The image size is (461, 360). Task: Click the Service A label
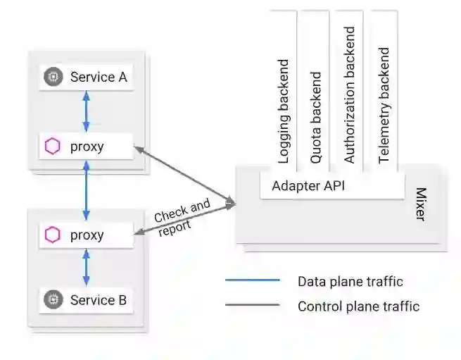pyautogui.click(x=99, y=77)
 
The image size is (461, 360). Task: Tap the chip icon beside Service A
pyautogui.click(x=52, y=77)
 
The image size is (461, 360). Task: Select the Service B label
pyautogui.click(x=99, y=301)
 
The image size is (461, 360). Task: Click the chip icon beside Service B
pyautogui.click(x=52, y=301)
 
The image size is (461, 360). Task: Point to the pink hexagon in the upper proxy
pyautogui.click(x=52, y=147)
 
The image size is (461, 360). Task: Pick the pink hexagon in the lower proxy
pyautogui.click(x=52, y=235)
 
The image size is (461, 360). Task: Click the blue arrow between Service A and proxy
pyautogui.click(x=86, y=111)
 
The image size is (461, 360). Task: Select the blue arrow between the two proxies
pyautogui.click(x=86, y=190)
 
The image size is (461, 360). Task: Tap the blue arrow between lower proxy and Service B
pyautogui.click(x=86, y=268)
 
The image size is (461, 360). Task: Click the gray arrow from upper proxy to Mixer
pyautogui.click(x=184, y=175)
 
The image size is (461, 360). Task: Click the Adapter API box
pyautogui.click(x=308, y=187)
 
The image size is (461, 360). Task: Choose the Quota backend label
pyautogui.click(x=316, y=117)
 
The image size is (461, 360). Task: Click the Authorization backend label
pyautogui.click(x=350, y=95)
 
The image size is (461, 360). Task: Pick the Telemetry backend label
pyautogui.click(x=384, y=106)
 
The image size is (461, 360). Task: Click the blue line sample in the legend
pyautogui.click(x=252, y=281)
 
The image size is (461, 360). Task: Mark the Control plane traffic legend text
pyautogui.click(x=358, y=306)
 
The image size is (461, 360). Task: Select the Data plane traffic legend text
pyautogui.click(x=350, y=282)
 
